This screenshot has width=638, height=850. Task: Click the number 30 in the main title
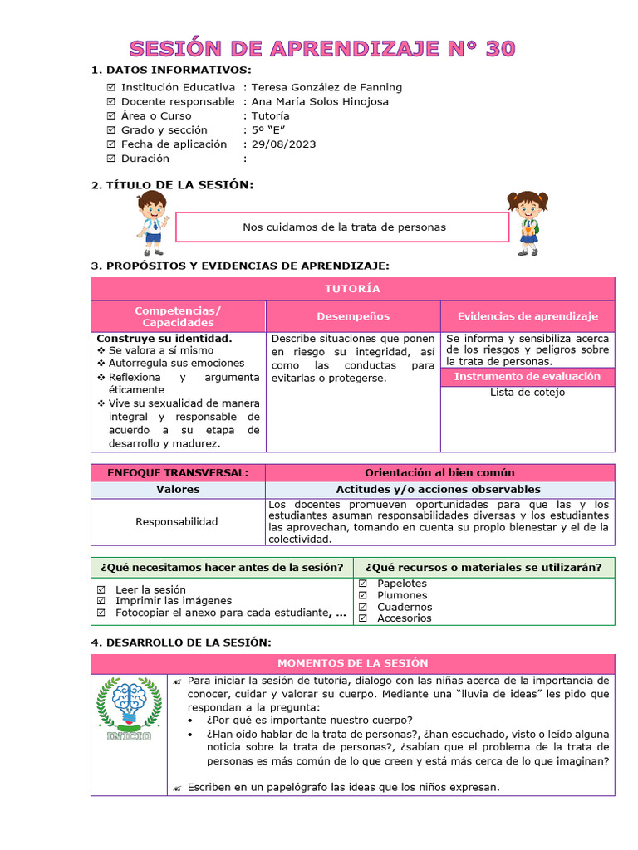tap(500, 48)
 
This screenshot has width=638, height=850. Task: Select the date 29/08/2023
tap(283, 144)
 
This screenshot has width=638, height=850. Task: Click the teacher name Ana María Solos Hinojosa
tap(320, 101)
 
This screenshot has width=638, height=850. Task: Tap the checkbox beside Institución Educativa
tap(111, 87)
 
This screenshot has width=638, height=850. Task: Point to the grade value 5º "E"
tap(267, 130)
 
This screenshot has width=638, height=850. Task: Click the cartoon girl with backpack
tap(528, 222)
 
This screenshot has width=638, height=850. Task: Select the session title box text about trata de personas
tap(344, 227)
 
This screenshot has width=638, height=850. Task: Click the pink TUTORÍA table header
tap(352, 289)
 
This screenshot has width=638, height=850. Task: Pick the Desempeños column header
tap(352, 316)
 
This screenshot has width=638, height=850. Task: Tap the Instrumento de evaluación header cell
tap(528, 376)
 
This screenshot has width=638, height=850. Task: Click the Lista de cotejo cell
tap(528, 393)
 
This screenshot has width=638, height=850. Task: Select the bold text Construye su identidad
tap(164, 339)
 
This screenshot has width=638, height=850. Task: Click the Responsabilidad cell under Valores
tap(177, 521)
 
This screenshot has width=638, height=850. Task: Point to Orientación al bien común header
tap(439, 472)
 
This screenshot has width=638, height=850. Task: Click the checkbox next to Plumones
tap(362, 595)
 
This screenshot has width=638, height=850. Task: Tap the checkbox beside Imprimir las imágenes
tap(101, 601)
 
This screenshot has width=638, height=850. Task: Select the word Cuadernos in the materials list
tap(405, 607)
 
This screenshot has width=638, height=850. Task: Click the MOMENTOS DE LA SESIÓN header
tap(352, 663)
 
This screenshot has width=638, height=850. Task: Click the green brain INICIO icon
tap(129, 710)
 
